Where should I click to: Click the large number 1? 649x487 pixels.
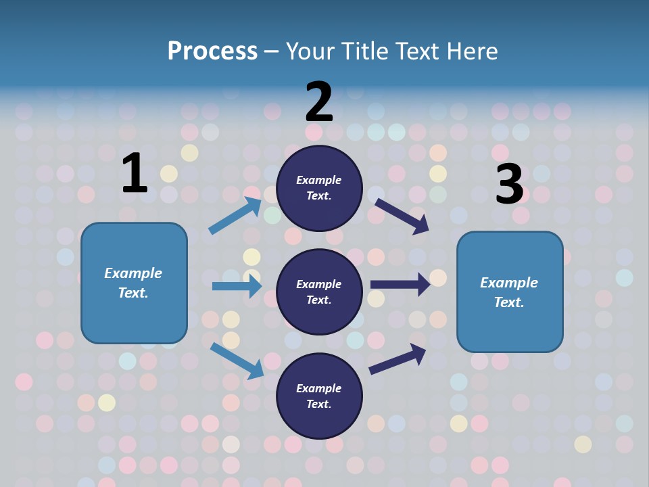coord(135,174)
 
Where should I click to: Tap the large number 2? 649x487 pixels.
coord(319,103)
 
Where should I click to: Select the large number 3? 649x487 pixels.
coord(509,184)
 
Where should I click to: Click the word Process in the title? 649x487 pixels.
coord(212,51)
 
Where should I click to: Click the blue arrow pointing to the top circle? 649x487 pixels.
coord(235,216)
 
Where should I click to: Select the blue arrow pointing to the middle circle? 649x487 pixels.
coord(237,286)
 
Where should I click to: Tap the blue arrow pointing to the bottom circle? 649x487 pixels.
coord(237,360)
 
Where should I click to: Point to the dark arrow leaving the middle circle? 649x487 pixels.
coord(400,285)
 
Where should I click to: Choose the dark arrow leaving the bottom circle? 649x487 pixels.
coord(398,358)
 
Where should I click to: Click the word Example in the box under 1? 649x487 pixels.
coord(133,273)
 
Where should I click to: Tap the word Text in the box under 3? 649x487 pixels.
coord(508,302)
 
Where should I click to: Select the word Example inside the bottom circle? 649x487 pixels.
coord(318,388)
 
